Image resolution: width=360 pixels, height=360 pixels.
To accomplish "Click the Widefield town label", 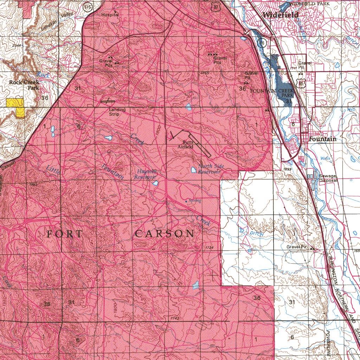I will coord(281,15).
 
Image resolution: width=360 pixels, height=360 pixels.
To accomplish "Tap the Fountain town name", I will coord(322,139).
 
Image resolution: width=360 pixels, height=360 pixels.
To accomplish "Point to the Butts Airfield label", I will coord(185,144).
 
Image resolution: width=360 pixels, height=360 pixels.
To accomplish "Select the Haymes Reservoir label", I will coord(144,174).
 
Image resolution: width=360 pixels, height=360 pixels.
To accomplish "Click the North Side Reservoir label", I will coord(209,169).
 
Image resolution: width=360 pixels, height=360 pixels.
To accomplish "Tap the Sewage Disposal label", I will coord(328,178).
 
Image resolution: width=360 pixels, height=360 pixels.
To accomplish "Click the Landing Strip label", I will coord(117,112).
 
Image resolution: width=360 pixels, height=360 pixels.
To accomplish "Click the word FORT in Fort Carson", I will coord(65,234).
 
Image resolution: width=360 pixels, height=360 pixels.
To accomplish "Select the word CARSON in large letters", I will coord(165,234).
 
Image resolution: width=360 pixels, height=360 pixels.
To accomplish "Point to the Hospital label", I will coord(109,15).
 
